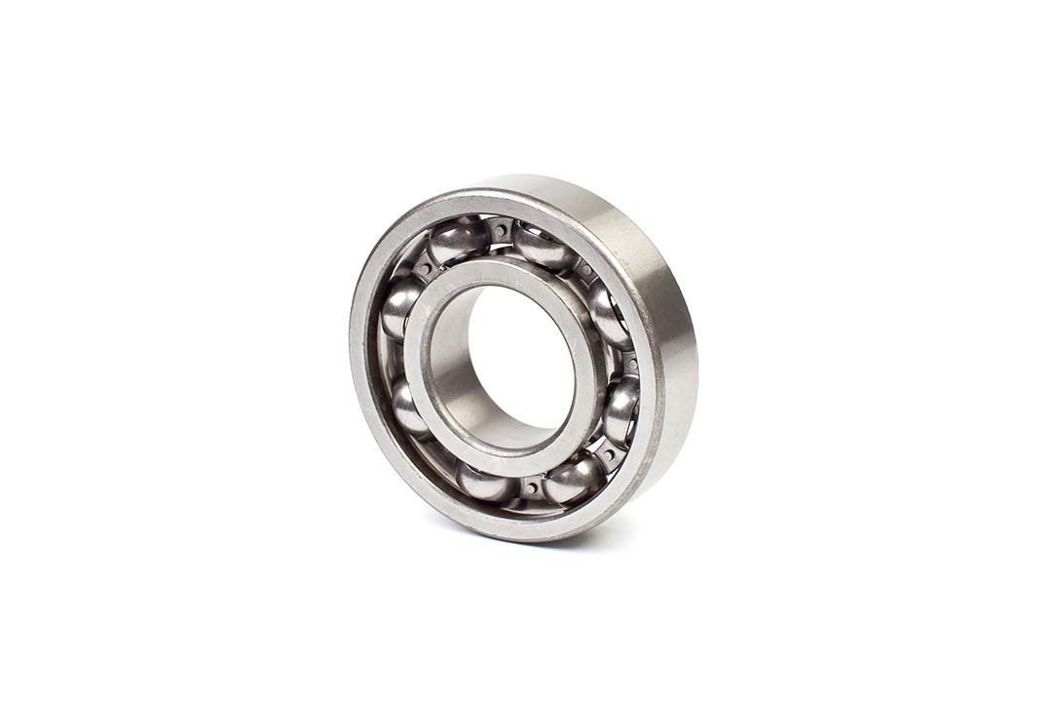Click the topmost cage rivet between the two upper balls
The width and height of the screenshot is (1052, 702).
[501, 231]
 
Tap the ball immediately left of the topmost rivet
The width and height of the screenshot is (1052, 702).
[458, 240]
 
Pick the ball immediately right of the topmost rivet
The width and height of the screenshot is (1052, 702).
[544, 247]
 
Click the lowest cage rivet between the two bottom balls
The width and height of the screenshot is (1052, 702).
[531, 486]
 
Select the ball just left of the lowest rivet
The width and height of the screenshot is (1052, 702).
[485, 482]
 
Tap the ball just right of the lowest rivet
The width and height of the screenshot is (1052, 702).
[575, 478]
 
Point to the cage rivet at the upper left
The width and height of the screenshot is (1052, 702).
[423, 264]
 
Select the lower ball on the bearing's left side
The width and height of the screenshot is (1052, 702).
[407, 407]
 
